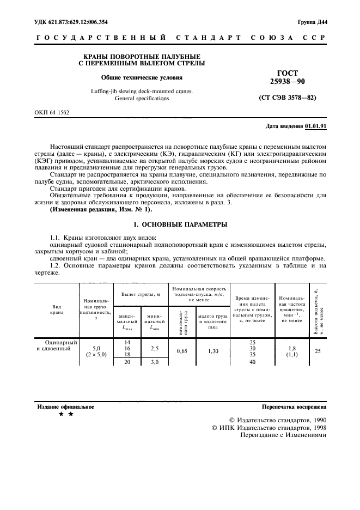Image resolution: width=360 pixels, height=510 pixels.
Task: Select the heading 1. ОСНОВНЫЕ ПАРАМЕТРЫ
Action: click(180, 224)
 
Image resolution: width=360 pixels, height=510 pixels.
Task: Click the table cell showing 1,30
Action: click(212, 351)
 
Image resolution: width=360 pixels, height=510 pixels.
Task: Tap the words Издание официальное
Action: click(65, 406)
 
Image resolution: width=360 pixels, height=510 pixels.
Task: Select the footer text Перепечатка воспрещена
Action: click(294, 406)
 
